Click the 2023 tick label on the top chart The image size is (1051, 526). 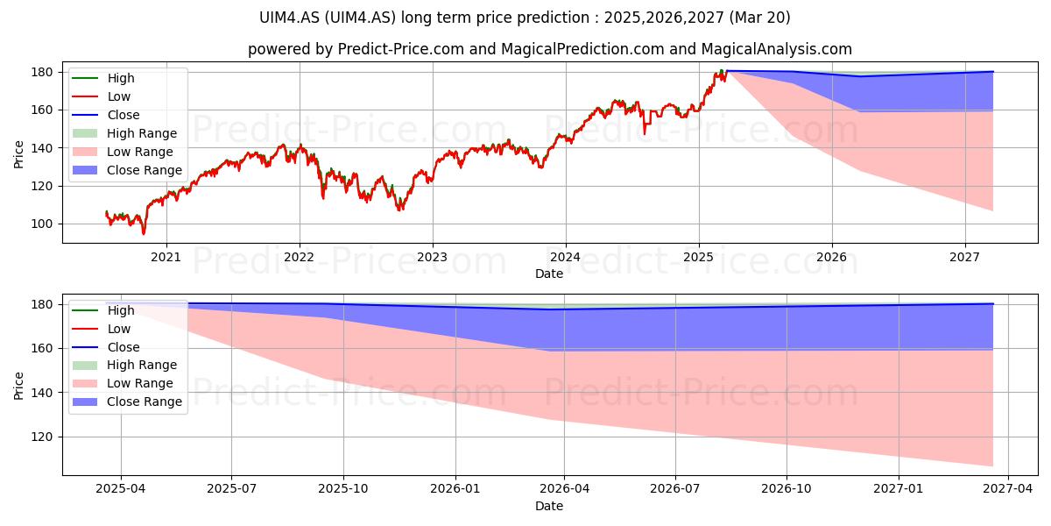(432, 258)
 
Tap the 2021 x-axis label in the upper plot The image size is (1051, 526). (166, 258)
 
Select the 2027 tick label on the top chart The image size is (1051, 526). (964, 258)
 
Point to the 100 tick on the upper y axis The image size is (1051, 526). (42, 224)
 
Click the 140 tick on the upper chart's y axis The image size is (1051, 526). (42, 148)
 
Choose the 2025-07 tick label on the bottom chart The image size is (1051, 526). (232, 489)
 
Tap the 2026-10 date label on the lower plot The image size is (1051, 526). (786, 489)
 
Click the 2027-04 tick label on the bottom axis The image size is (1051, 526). (1008, 489)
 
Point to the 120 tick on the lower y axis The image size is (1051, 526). (42, 437)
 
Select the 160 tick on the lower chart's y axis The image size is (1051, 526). (42, 349)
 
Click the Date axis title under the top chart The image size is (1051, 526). (549, 274)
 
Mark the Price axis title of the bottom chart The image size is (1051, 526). (18, 386)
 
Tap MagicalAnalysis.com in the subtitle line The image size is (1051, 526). (777, 49)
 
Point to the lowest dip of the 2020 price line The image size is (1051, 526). (144, 233)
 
